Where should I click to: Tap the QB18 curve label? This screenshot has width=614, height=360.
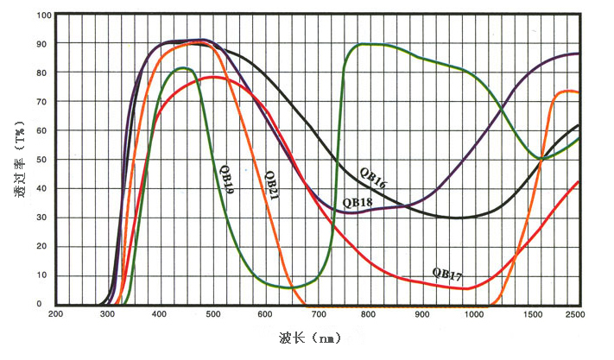[x=358, y=202]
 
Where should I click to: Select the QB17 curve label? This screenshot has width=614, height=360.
[x=447, y=274]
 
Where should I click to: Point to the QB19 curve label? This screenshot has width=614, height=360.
[x=227, y=176]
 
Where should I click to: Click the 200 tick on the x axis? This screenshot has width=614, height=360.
[x=56, y=315]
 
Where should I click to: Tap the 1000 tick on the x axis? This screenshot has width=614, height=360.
[x=474, y=315]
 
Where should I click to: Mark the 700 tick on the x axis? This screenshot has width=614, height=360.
[x=318, y=315]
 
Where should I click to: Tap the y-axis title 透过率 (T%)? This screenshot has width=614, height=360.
[x=19, y=160]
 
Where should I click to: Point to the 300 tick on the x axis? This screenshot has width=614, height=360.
[x=108, y=315]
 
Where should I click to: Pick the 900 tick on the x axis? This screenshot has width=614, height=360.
[x=422, y=315]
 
